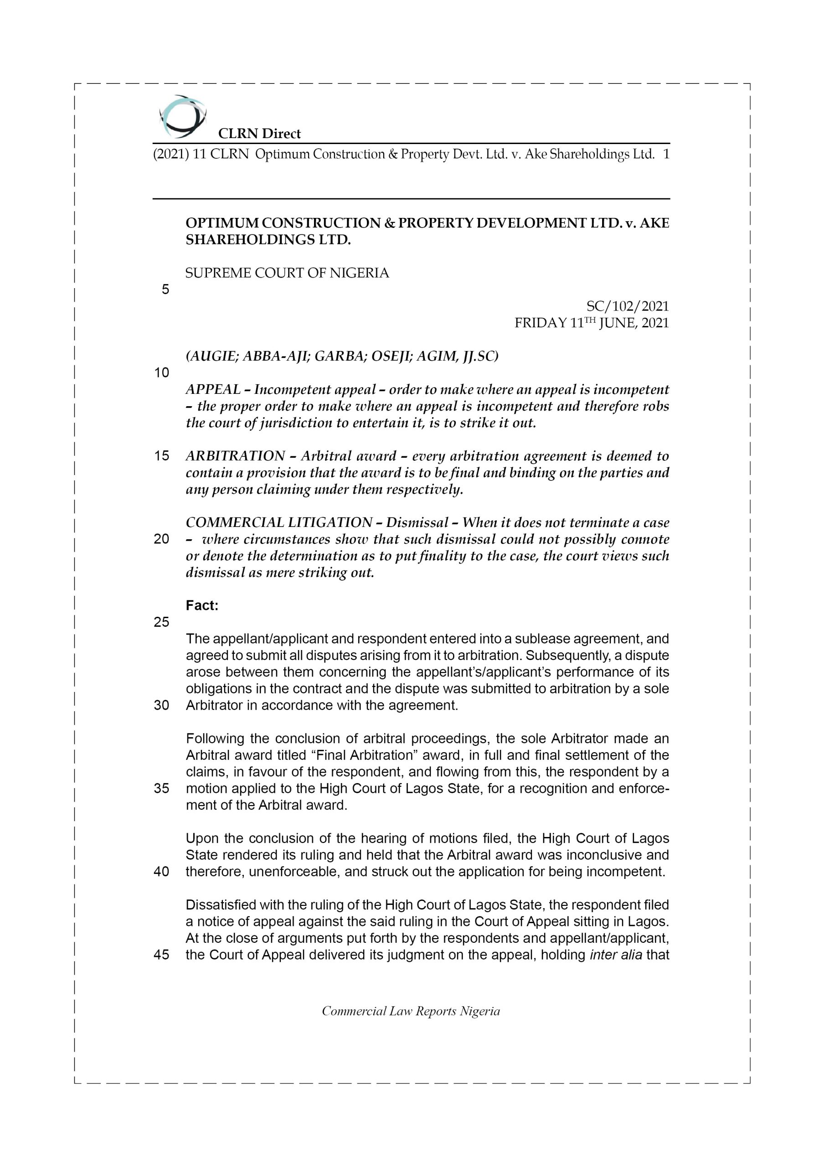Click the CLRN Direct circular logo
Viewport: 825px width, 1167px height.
(182, 116)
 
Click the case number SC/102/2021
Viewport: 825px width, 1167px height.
(627, 306)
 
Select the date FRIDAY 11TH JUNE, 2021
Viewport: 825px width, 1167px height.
(591, 323)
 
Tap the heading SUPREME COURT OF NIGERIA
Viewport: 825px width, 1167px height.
(287, 274)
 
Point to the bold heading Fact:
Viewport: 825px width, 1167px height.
(202, 606)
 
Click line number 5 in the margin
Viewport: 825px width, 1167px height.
(165, 290)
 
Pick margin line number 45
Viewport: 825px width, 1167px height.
(161, 955)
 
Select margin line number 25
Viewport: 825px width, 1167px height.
(161, 622)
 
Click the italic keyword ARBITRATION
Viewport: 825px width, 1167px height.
(235, 456)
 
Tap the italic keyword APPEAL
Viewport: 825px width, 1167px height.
(213, 390)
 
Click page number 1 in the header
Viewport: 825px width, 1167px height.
(666, 155)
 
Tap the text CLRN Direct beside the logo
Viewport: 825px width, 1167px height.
(259, 134)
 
